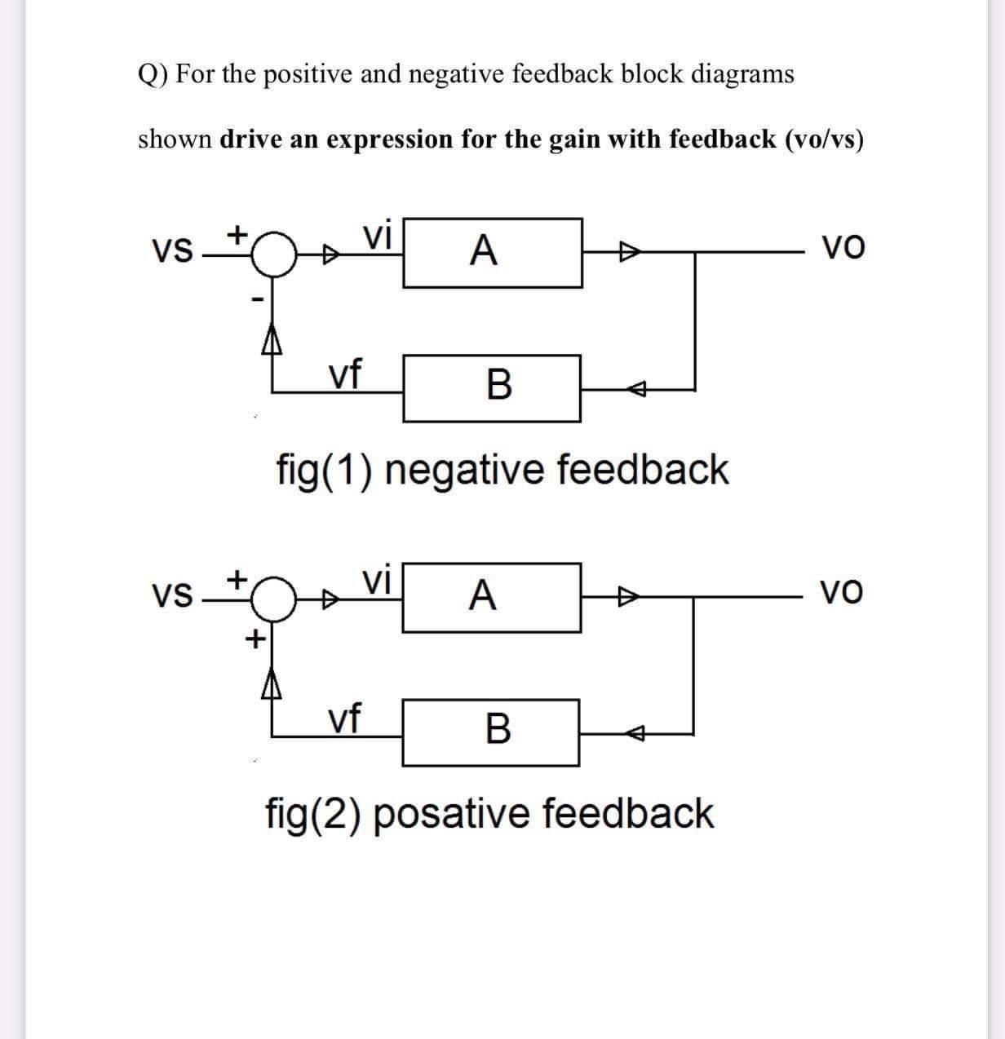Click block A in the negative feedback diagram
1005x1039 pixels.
coord(492,252)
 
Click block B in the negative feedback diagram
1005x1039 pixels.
coord(492,387)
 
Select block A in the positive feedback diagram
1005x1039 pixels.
coord(491,597)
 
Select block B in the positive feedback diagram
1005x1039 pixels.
coord(491,732)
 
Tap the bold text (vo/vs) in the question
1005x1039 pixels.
coord(824,139)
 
